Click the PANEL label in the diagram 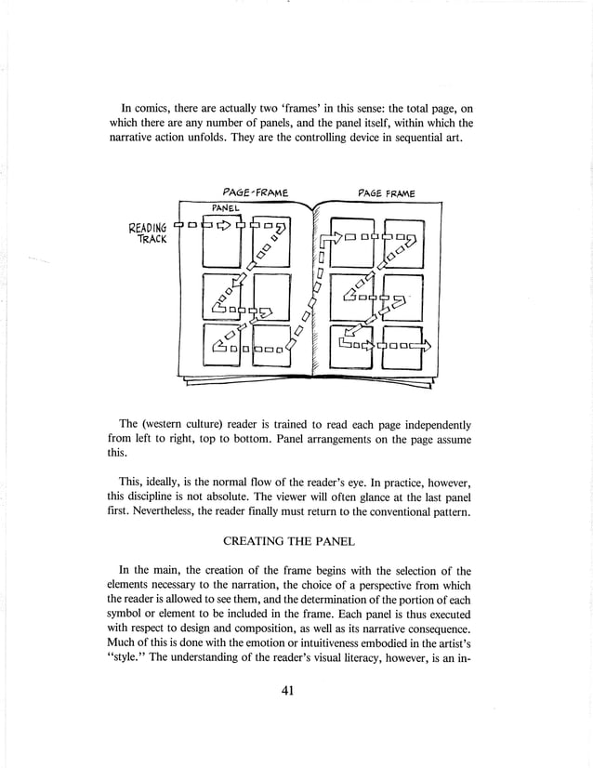[227, 208]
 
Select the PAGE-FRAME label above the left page [249, 193]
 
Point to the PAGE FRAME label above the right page [387, 193]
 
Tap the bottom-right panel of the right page [402, 346]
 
